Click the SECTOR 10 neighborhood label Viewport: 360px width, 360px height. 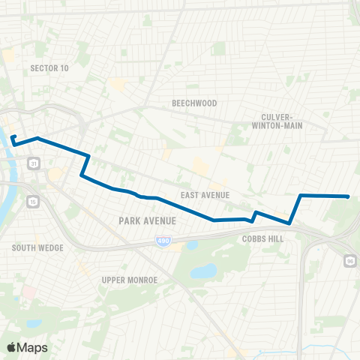coord(49,68)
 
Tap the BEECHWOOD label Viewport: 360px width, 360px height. coord(194,103)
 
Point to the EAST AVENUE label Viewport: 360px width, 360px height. coord(205,195)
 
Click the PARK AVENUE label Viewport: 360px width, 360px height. coord(147,220)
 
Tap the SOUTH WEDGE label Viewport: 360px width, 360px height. coord(37,247)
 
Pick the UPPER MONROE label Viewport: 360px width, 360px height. coord(128,280)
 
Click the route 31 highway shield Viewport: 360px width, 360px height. coord(33,163)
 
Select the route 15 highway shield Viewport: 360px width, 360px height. coord(33,201)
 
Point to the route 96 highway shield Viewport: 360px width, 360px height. coord(350,259)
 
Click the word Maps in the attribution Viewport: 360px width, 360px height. coord(33,347)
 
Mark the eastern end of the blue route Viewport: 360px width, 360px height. coord(348,196)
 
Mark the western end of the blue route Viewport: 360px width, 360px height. coord(13,136)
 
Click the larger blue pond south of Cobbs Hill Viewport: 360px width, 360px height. coord(203,271)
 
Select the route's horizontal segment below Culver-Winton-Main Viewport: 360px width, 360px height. coord(322,196)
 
